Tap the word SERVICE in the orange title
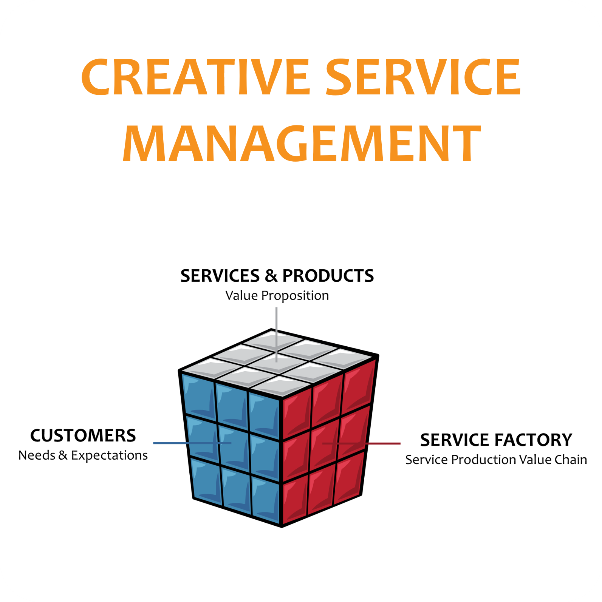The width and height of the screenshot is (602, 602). pos(423,77)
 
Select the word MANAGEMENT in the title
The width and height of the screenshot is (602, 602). pos(302,144)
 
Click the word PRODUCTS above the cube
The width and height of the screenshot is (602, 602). pos(328,276)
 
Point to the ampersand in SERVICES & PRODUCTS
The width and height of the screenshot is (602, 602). pos(271,276)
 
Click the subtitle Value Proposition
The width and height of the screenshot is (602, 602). pos(277,295)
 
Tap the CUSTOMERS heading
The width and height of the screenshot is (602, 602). pos(83,435)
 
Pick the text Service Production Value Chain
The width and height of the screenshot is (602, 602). pos(496,460)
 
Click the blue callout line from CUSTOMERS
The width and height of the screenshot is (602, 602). pos(170,443)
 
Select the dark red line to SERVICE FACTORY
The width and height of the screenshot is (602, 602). pos(382,443)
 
